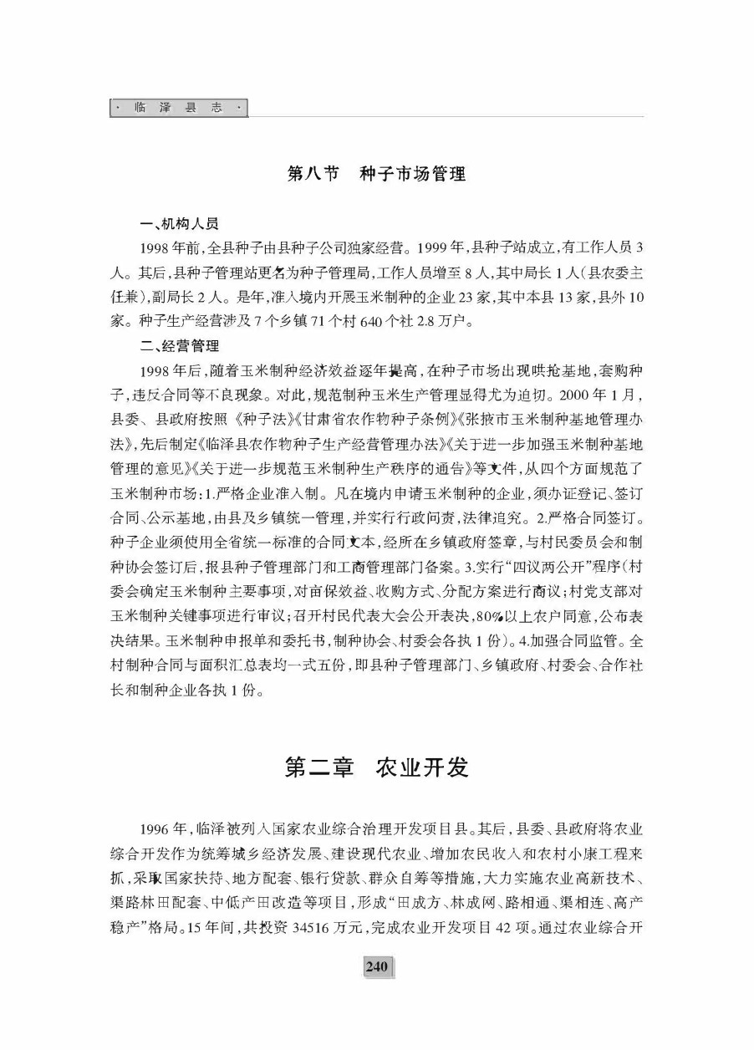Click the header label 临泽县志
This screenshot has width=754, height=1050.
[179, 109]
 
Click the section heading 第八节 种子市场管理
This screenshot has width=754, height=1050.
[376, 174]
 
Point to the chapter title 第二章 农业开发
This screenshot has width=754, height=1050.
[376, 767]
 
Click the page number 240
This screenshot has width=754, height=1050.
[377, 990]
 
